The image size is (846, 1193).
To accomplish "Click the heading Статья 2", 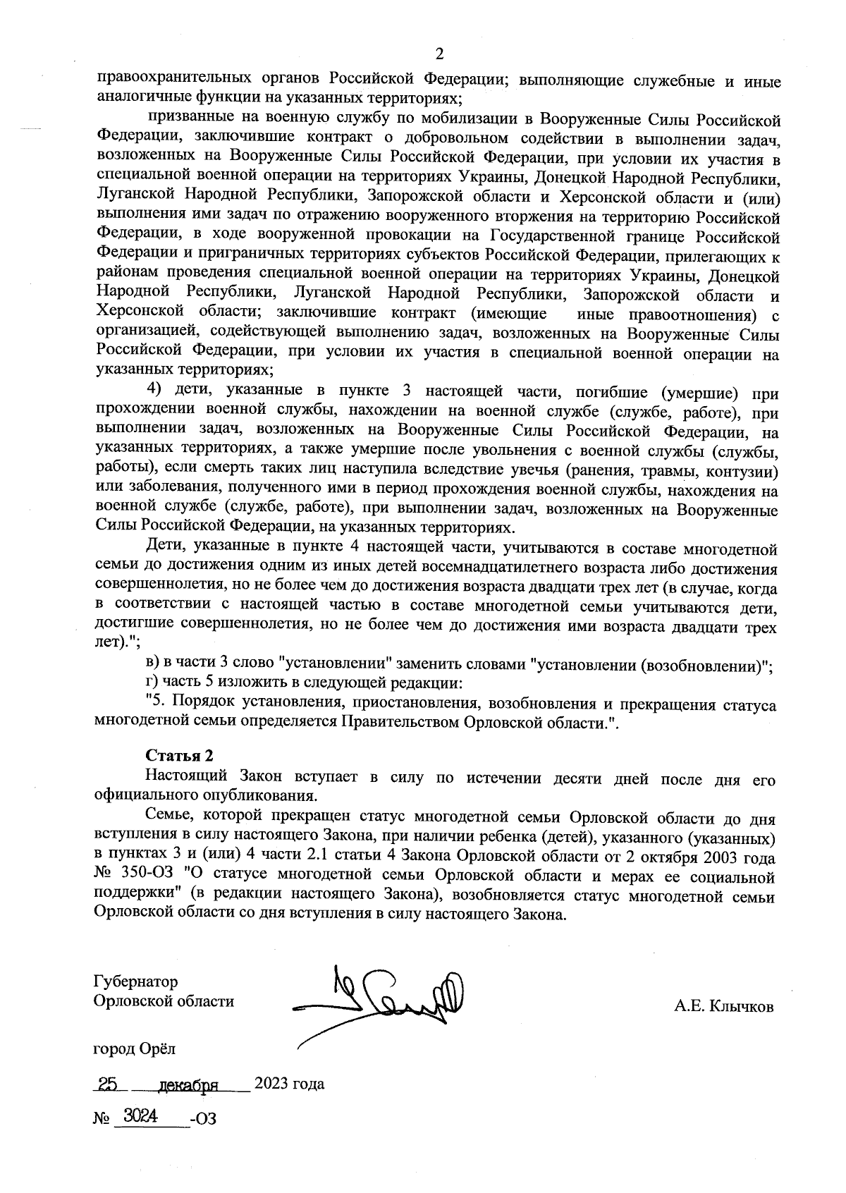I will coord(179,757).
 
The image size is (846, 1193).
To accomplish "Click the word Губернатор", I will coord(135,981).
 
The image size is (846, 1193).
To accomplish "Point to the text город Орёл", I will coord(135,1048).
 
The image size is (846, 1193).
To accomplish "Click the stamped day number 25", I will coord(108,1084).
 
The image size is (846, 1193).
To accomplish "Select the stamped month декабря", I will coord(187,1084).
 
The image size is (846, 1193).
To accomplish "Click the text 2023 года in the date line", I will coord(289,1084).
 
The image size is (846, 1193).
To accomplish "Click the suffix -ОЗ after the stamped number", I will coord(202,1119).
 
